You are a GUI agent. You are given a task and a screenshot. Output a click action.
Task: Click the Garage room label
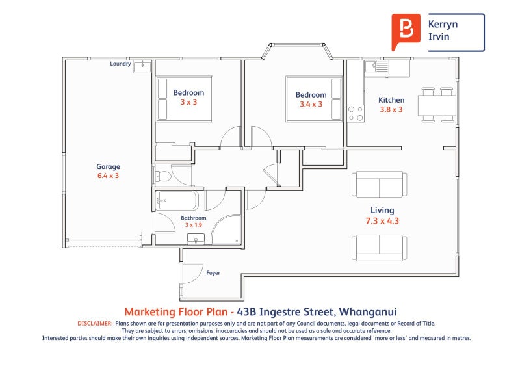click(108, 166)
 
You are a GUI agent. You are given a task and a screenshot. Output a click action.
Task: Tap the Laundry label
click(120, 64)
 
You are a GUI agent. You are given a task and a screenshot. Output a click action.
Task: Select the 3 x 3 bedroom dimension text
click(188, 102)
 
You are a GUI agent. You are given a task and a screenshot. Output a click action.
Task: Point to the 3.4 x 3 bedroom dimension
click(311, 104)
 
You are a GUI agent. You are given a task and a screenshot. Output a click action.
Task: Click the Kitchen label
click(391, 100)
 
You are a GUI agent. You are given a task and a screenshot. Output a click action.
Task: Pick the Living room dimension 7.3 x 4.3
click(382, 221)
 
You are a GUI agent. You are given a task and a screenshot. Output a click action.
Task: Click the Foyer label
click(213, 273)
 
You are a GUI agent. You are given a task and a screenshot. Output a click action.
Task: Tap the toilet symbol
click(162, 176)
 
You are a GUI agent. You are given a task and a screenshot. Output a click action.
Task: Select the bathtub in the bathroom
click(177, 200)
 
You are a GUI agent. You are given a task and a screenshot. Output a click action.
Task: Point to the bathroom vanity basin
click(196, 239)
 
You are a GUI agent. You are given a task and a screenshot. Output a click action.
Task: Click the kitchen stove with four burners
click(356, 114)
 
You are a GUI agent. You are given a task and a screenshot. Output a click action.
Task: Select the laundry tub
click(142, 67)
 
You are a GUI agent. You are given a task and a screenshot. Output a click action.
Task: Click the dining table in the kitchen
click(437, 105)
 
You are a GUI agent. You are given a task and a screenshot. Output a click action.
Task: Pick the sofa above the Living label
click(380, 184)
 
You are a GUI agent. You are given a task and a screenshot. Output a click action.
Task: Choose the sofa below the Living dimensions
click(380, 248)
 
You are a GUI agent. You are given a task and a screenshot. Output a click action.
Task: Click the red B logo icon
click(406, 32)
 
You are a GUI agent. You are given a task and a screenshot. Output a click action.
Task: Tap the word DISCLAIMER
click(95, 324)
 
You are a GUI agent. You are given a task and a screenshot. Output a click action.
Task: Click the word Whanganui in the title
click(368, 312)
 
